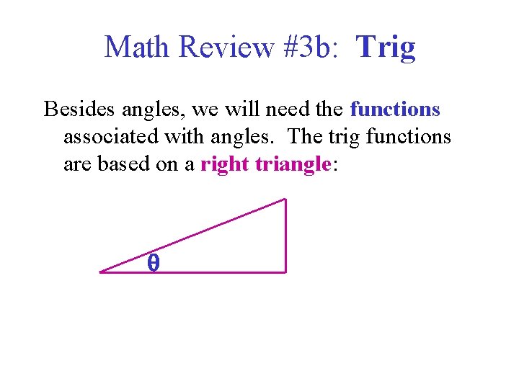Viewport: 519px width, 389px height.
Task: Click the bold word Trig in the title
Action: click(386, 48)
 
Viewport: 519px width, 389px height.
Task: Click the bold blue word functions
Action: click(395, 109)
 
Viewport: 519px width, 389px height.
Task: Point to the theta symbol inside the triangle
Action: click(153, 264)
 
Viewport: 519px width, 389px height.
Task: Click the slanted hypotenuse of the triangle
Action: click(193, 236)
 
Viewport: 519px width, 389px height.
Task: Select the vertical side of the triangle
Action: click(286, 236)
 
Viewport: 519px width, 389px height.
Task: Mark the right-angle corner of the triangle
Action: click(285, 272)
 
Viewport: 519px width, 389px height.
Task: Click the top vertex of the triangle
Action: click(285, 200)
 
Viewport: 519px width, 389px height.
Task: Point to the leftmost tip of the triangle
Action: click(101, 272)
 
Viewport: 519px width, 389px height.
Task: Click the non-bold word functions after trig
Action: click(409, 137)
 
